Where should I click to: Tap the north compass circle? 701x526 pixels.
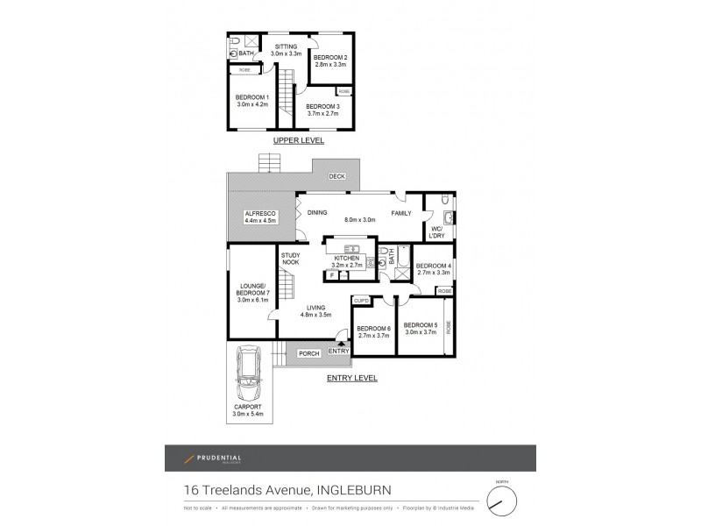pos(502,501)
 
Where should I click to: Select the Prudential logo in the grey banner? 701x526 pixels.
pos(210,458)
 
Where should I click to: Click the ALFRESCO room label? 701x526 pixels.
pos(260,214)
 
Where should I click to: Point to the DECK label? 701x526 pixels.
pos(336,177)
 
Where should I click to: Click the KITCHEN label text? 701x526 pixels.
pos(347,258)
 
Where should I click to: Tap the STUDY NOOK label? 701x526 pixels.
pos(290,258)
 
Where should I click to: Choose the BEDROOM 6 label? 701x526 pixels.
pos(373,329)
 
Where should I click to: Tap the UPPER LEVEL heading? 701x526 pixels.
pos(298,140)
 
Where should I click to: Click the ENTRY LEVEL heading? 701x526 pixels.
pos(350,378)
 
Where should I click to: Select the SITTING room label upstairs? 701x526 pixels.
pos(286,46)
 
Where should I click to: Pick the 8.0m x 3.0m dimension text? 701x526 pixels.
pos(359,220)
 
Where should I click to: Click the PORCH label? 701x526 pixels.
pos(308,354)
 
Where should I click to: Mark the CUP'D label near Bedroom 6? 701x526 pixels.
pos(361,301)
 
